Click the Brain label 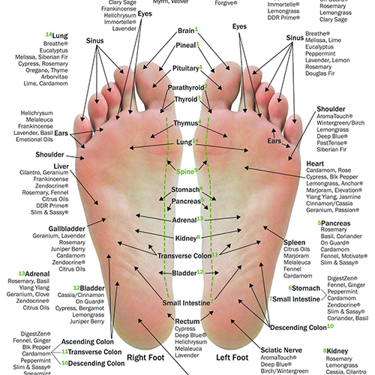coord(186,31)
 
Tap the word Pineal coord(185,46)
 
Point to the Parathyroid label coord(184,88)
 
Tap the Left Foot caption coord(233,358)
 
